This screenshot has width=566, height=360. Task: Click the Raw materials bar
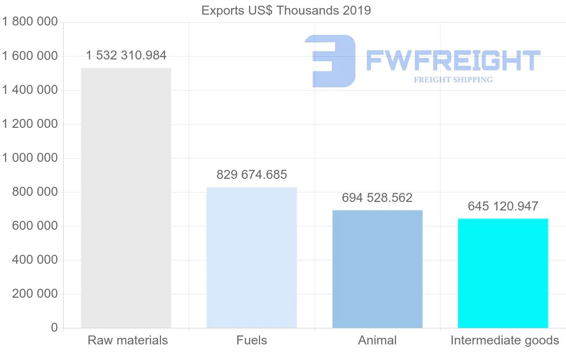pyautogui.click(x=126, y=198)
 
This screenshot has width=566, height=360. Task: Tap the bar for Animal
pyautogui.click(x=377, y=269)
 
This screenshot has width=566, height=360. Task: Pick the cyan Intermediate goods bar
pyautogui.click(x=503, y=273)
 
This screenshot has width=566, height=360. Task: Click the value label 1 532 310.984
pyautogui.click(x=126, y=56)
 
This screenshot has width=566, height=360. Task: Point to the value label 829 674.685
pyautogui.click(x=252, y=175)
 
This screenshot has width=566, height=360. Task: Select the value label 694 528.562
pyautogui.click(x=377, y=198)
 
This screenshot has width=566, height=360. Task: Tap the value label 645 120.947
pyautogui.click(x=503, y=206)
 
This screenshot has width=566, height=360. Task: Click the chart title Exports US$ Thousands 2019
pyautogui.click(x=286, y=10)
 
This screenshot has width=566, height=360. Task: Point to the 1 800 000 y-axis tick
pyautogui.click(x=30, y=22)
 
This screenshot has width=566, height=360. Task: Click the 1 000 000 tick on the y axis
pyautogui.click(x=30, y=158)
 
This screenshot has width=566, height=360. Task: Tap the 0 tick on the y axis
pyautogui.click(x=54, y=328)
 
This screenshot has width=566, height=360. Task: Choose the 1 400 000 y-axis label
pyautogui.click(x=30, y=90)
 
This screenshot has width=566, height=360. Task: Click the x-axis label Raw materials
pyautogui.click(x=128, y=340)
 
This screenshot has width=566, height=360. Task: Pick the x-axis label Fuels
pyautogui.click(x=252, y=340)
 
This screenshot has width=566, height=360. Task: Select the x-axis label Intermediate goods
pyautogui.click(x=505, y=340)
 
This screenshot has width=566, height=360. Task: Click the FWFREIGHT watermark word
pyautogui.click(x=453, y=61)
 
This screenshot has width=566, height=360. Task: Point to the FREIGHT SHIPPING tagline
pyautogui.click(x=453, y=80)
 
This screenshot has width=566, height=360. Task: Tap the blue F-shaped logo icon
pyautogui.click(x=330, y=61)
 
